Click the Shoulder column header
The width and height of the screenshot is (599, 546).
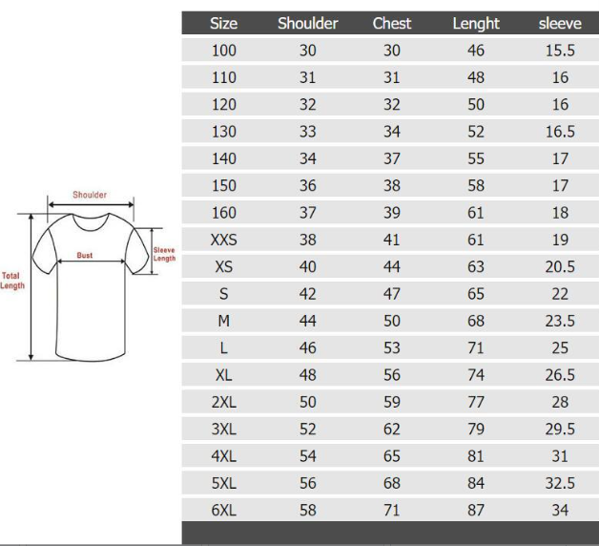307,23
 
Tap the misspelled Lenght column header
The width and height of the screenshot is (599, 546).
476,24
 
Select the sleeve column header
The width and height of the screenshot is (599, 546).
560,24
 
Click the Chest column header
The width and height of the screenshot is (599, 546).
392,23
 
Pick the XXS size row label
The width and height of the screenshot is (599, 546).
224,240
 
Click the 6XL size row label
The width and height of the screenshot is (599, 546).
224,510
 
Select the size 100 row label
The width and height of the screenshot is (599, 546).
224,51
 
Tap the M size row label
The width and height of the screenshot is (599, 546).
224,321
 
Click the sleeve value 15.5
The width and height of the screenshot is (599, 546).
560,51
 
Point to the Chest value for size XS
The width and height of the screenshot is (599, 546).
392,267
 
